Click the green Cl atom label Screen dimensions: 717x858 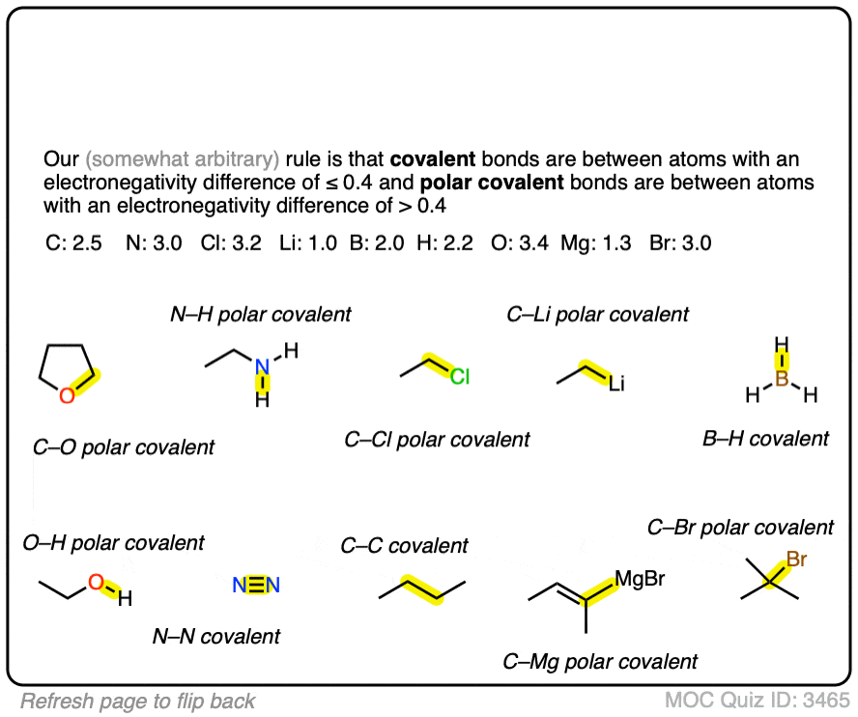pyautogui.click(x=459, y=376)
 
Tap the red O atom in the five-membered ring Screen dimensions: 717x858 pyautogui.click(x=66, y=394)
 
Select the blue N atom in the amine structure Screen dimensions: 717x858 pyautogui.click(x=262, y=368)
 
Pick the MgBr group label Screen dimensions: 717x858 pyautogui.click(x=640, y=578)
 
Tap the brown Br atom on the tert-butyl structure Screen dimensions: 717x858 pyautogui.click(x=797, y=559)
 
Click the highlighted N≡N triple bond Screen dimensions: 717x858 pyautogui.click(x=256, y=585)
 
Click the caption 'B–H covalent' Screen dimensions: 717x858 pyautogui.click(x=765, y=439)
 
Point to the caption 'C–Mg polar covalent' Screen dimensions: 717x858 pyautogui.click(x=600, y=662)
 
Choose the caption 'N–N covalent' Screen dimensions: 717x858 pyautogui.click(x=216, y=637)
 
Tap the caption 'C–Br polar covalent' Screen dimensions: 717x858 pyautogui.click(x=740, y=528)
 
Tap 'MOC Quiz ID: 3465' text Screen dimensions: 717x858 pyautogui.click(x=757, y=700)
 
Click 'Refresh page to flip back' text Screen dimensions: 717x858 pyautogui.click(x=138, y=700)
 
